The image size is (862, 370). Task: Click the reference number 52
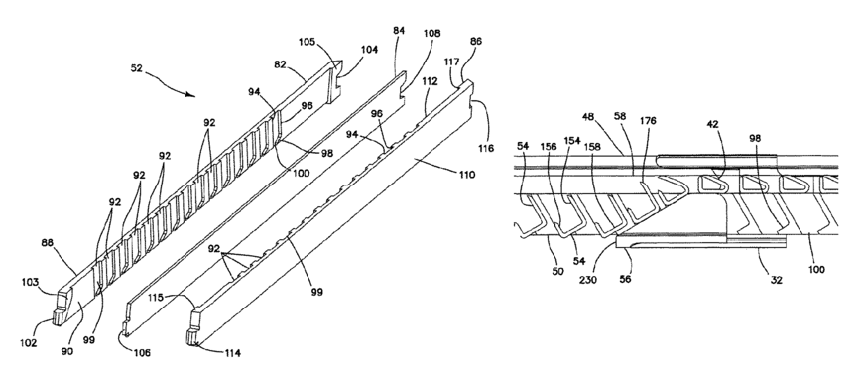coord(136,68)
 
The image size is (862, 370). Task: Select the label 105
coord(308,42)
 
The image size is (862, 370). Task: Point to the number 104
coord(369,50)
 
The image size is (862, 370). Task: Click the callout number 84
coord(399,31)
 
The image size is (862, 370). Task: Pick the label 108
coord(431,34)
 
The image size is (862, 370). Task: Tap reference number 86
coord(475,41)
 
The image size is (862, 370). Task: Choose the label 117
coord(452,62)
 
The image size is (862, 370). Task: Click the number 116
coord(486,148)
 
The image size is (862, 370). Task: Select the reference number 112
coord(430,81)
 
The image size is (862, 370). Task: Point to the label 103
coord(30,282)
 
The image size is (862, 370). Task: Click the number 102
coord(28,343)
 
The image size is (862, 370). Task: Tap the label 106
coord(142,353)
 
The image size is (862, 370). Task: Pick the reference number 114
coord(232,353)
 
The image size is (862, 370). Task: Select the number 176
coord(648,121)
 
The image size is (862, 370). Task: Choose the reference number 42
coord(713,124)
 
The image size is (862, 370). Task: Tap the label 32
coord(776,280)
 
